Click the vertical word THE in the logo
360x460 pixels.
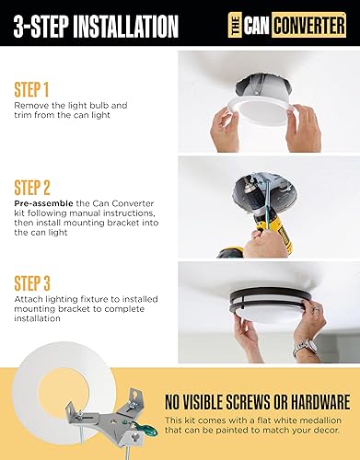click(x=236, y=25)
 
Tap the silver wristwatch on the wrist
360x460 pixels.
click(x=305, y=348)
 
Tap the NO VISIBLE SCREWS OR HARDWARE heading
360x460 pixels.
click(x=257, y=401)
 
